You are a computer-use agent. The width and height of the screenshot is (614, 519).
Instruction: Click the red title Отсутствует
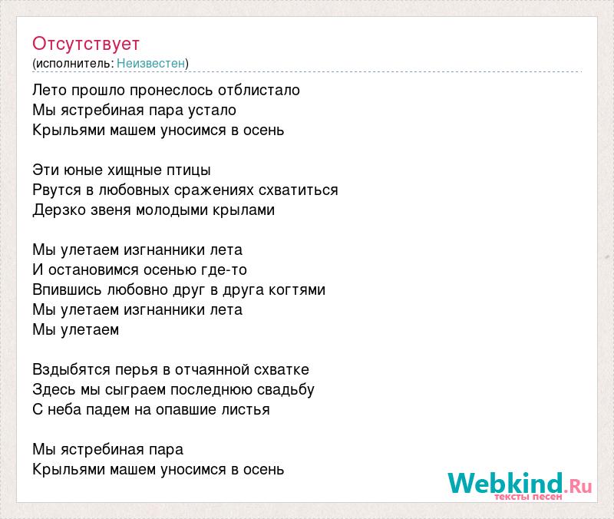(x=86, y=44)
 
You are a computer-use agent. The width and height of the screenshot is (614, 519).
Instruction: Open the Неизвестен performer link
(x=150, y=63)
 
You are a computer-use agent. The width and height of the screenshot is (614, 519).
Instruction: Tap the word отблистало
(x=259, y=90)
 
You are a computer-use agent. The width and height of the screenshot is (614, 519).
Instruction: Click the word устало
(x=212, y=111)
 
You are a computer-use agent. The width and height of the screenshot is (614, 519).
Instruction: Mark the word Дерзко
(x=60, y=210)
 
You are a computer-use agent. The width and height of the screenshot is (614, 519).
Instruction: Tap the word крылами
(x=243, y=210)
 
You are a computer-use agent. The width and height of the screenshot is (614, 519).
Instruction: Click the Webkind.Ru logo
(x=520, y=485)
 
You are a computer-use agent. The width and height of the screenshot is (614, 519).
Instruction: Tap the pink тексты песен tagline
(x=528, y=497)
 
